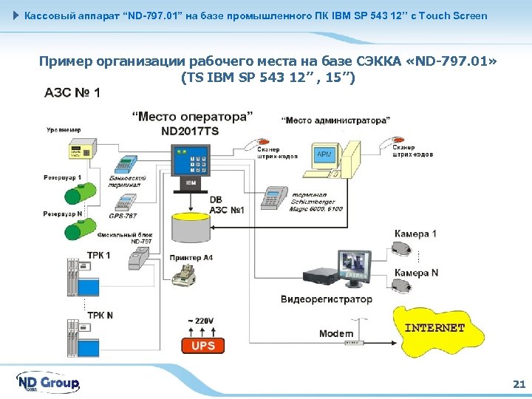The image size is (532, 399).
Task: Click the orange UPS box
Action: pyautogui.click(x=202, y=345)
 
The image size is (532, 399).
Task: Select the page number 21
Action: pyautogui.click(x=518, y=383)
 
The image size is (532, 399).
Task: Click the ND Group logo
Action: pyautogui.click(x=48, y=383)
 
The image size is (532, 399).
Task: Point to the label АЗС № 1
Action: pyautogui.click(x=72, y=93)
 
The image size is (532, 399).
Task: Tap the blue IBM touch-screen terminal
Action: pyautogui.click(x=191, y=166)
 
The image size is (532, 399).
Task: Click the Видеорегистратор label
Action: pyautogui.click(x=327, y=299)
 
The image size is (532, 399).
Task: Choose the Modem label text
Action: pyautogui.click(x=335, y=334)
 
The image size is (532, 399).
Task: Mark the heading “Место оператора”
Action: pyautogui.click(x=192, y=117)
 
